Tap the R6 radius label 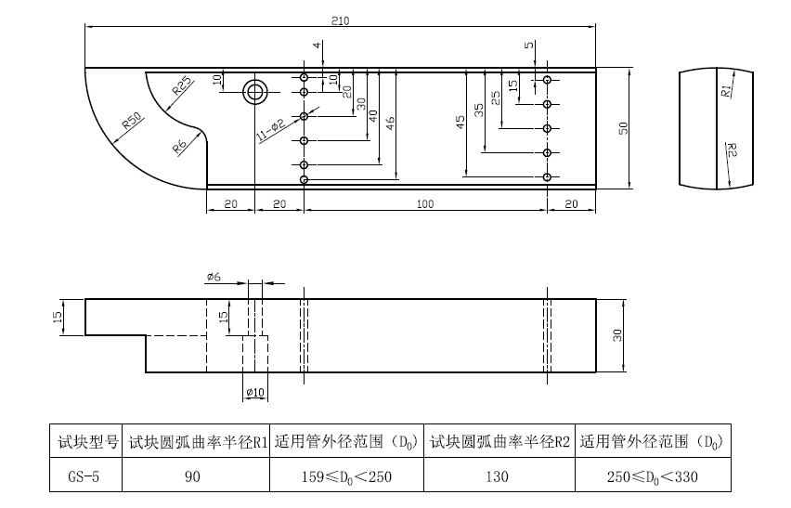click(179, 145)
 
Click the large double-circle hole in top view click(254, 91)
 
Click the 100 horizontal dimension click(424, 203)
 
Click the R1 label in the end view click(726, 91)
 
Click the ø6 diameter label click(213, 277)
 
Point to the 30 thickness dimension click(616, 335)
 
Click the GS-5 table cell click(84, 477)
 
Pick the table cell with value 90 click(196, 477)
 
